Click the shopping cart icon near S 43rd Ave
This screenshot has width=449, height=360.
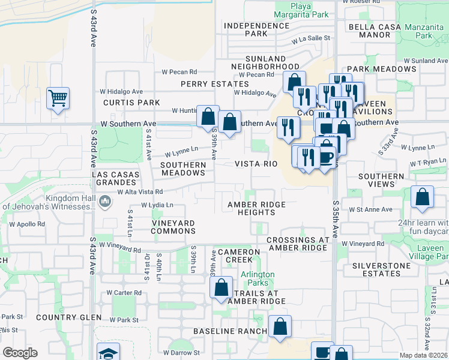click(x=58, y=98)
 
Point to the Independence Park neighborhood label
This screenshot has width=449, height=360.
click(x=255, y=29)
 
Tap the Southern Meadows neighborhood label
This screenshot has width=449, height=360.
click(x=184, y=169)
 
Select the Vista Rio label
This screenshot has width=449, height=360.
click(x=256, y=164)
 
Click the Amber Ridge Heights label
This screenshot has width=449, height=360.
click(x=256, y=209)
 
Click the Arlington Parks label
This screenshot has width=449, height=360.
click(x=258, y=278)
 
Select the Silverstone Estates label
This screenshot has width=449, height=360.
click(x=376, y=269)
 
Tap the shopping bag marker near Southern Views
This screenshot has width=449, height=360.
click(x=423, y=197)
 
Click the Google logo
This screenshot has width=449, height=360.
click(x=20, y=353)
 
